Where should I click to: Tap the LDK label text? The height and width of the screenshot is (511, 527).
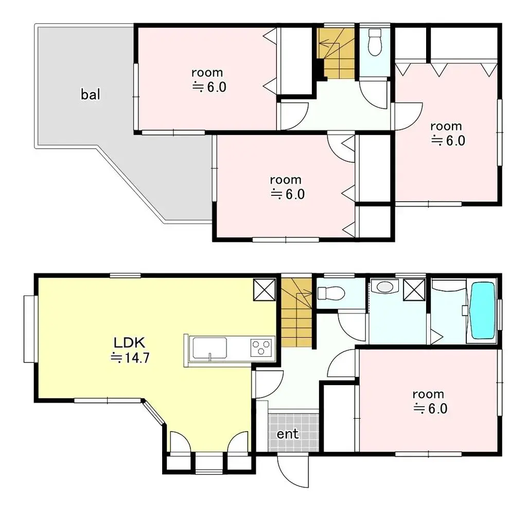click(131, 342)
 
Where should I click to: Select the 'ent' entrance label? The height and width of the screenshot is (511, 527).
click(288, 434)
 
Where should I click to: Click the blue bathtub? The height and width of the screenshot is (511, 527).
click(482, 309)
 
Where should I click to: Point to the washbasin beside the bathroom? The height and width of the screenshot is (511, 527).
click(384, 286)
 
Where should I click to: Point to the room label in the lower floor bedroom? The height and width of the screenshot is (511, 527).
click(428, 394)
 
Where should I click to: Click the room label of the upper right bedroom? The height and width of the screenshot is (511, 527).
click(446, 126)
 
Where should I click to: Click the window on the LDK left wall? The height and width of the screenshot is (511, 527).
click(29, 328)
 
